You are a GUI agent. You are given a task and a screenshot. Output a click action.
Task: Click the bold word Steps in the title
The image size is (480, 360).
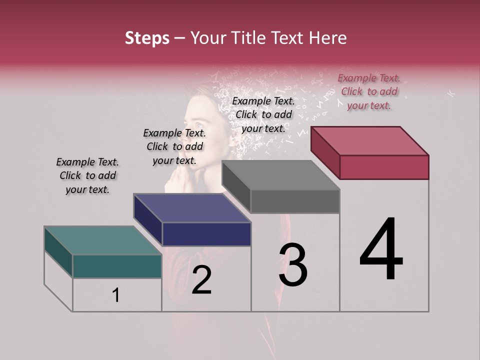click(x=147, y=38)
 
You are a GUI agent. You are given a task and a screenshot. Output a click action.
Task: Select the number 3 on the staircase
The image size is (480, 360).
click(x=293, y=265)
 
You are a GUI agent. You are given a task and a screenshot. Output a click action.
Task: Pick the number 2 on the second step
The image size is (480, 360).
click(x=201, y=280)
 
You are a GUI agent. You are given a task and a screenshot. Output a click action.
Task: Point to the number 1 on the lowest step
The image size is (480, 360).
click(x=116, y=295)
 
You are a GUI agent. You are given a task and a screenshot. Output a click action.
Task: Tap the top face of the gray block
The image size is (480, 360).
click(x=280, y=175)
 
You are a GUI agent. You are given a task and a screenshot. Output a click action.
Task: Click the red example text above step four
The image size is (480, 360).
click(x=369, y=91)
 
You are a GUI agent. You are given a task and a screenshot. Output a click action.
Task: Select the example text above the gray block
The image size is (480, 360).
click(x=263, y=114)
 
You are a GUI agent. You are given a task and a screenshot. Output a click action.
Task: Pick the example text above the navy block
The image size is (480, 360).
click(x=174, y=146)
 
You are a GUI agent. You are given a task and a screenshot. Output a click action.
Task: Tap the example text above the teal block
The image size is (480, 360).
click(x=87, y=175)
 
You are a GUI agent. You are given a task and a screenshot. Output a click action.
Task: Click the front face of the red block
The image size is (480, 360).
click(x=384, y=167)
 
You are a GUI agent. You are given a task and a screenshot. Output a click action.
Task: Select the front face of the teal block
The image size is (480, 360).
click(x=117, y=266)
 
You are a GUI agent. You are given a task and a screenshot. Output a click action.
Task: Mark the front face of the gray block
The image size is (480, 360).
click(x=295, y=201)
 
